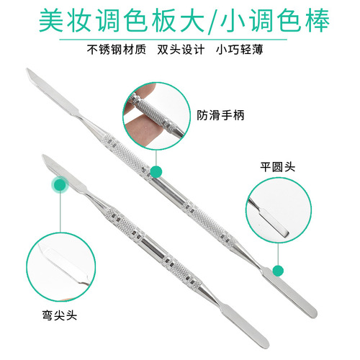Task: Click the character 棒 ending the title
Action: point(317,21)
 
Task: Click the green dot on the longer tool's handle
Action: point(156,170)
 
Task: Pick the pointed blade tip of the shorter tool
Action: point(45,156)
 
